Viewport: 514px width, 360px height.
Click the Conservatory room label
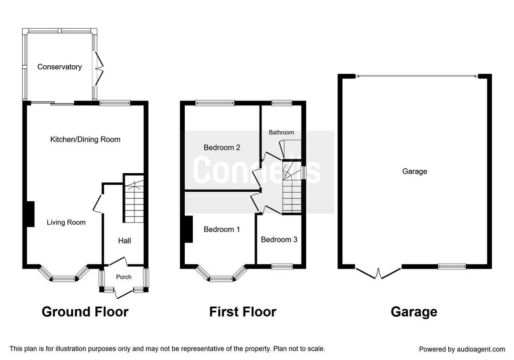pos(59,67)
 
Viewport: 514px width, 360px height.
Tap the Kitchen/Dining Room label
pos(85,140)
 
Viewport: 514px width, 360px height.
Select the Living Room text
pos(66,222)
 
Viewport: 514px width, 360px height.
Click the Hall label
pos(124,241)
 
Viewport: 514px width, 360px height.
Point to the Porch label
pos(123,277)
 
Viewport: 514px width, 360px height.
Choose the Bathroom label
pos(281,133)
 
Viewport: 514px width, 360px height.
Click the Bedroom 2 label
pos(222,148)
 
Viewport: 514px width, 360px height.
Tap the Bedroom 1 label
pos(222,229)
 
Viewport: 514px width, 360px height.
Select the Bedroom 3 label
pos(279,239)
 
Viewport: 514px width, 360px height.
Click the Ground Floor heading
pos(85,311)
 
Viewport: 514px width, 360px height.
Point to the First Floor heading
pos(242,311)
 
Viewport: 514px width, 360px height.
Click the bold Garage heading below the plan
pos(414,311)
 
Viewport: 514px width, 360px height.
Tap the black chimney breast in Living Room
pos(30,214)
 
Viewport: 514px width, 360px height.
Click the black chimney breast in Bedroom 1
pos(189,229)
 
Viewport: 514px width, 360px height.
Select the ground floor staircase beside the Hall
pos(134,199)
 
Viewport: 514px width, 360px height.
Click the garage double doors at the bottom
pos(378,274)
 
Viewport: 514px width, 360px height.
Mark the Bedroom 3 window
pos(282,266)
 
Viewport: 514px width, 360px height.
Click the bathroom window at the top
pos(282,103)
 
